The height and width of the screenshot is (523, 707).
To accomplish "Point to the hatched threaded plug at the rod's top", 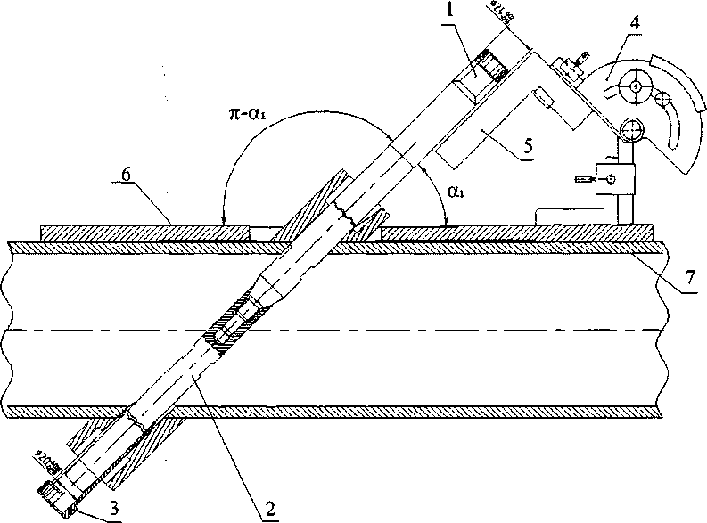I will coord(488,63).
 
